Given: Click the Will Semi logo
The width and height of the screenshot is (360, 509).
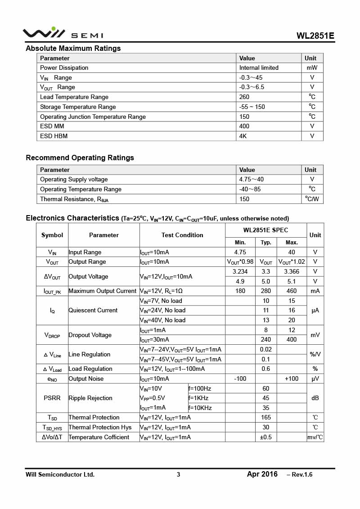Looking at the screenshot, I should click(x=63, y=33).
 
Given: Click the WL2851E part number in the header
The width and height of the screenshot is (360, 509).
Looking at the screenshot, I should click(x=315, y=36).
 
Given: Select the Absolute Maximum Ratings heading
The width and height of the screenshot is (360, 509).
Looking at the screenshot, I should click(x=73, y=49).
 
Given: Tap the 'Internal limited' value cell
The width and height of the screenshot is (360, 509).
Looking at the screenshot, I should click(x=259, y=68).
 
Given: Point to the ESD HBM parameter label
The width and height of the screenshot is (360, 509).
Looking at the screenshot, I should click(x=54, y=136).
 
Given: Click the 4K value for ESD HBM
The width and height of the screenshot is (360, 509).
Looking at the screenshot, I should click(x=243, y=136).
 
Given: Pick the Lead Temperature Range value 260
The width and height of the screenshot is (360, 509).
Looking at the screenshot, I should click(x=244, y=97).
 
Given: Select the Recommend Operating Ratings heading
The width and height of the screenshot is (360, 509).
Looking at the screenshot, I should click(x=80, y=158).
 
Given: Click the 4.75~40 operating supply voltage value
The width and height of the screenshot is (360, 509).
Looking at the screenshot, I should click(x=252, y=180).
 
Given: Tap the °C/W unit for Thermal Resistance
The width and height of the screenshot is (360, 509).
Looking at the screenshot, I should click(x=312, y=199).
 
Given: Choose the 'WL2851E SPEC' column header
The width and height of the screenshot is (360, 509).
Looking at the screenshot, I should click(x=265, y=230).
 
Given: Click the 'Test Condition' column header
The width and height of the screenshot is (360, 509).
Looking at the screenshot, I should click(x=182, y=235).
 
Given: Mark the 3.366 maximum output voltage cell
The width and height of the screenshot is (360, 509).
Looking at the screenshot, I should click(x=292, y=272).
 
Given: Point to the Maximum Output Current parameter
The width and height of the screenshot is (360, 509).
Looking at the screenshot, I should click(x=102, y=291).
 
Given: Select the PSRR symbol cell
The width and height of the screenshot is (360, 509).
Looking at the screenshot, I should click(x=52, y=398).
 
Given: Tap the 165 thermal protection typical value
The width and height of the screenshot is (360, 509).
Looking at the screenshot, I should click(x=265, y=418).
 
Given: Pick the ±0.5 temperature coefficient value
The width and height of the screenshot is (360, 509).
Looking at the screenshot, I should click(x=265, y=437).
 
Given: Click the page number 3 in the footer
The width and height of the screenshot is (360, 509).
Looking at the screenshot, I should click(x=178, y=474).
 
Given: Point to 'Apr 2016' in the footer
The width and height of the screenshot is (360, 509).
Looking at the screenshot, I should click(x=262, y=474).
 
